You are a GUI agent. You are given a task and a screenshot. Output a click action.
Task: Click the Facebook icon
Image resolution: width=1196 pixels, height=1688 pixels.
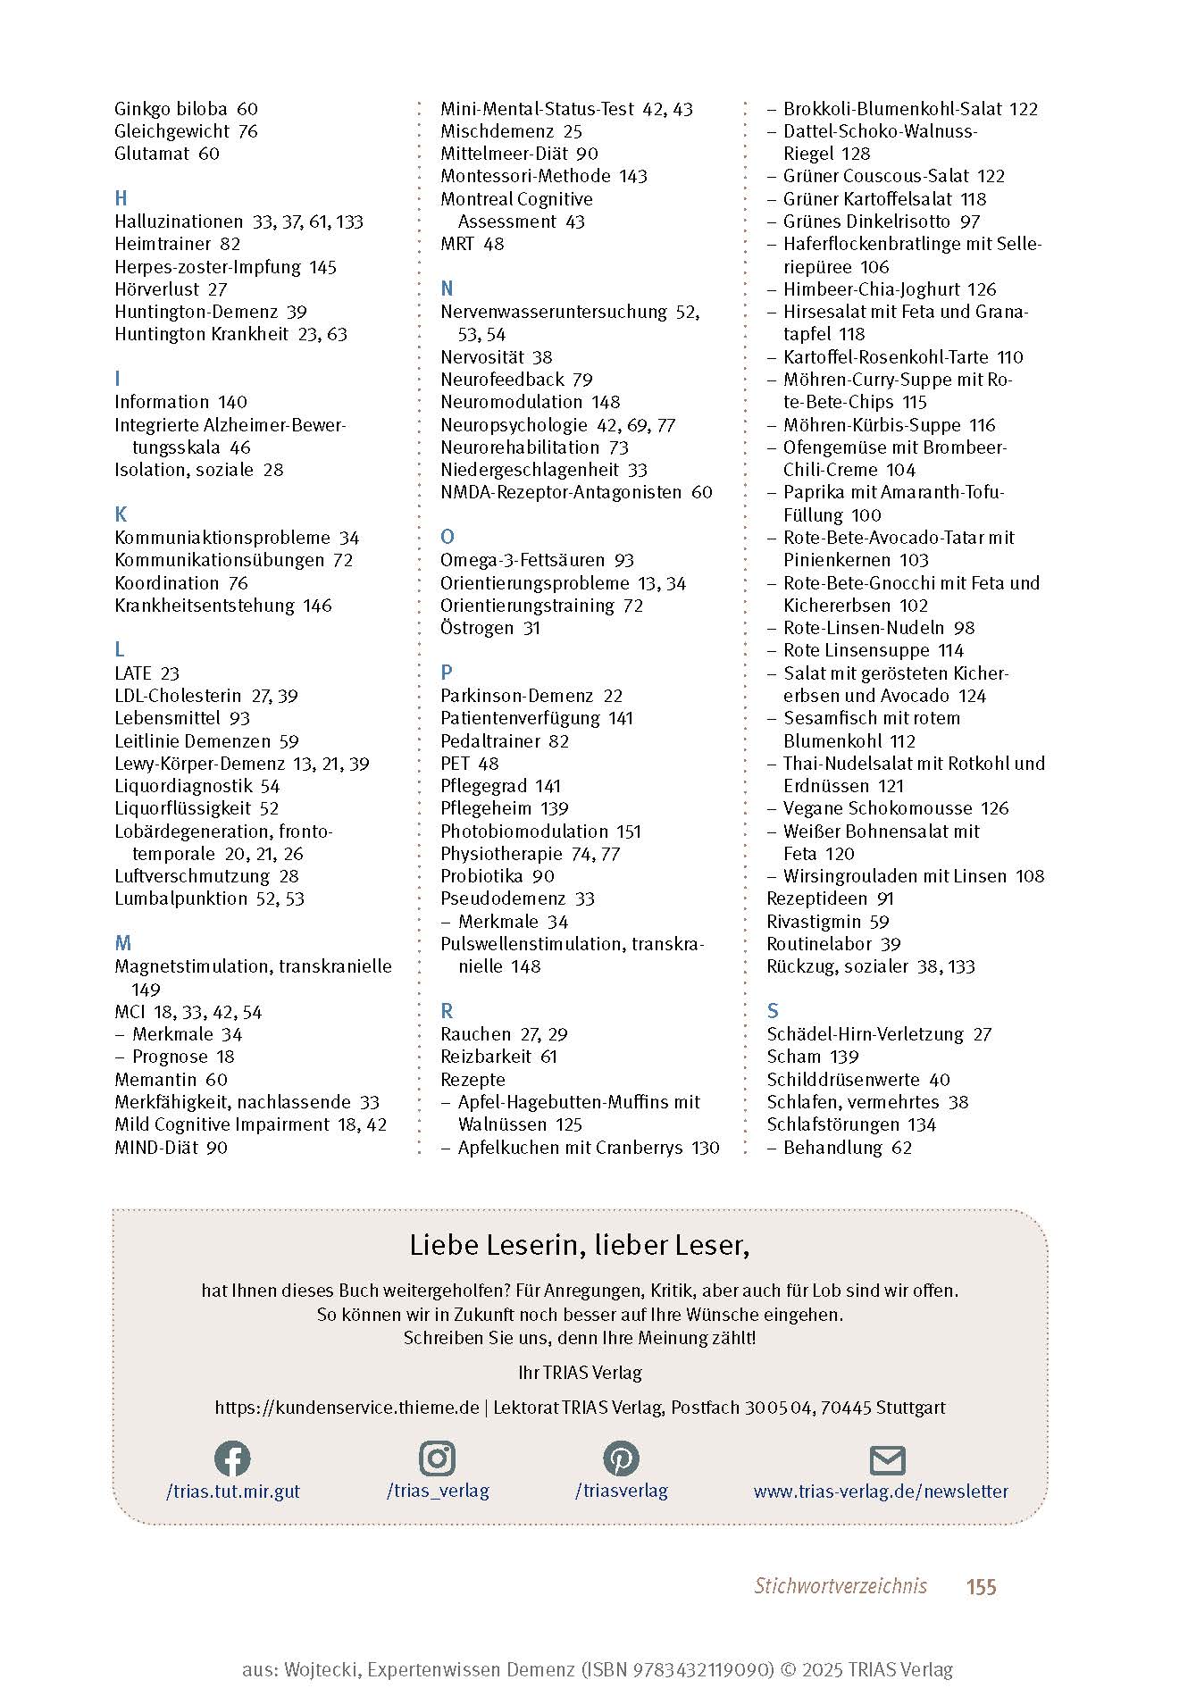point(232,1458)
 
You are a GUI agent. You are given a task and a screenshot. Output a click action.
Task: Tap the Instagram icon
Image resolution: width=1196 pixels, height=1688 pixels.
point(437,1458)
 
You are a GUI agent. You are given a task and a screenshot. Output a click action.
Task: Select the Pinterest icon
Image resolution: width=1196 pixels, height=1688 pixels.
point(621,1458)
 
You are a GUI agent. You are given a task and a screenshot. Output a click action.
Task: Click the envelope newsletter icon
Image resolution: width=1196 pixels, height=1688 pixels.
point(887,1460)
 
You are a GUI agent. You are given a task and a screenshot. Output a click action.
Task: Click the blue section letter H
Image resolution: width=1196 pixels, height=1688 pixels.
point(121,198)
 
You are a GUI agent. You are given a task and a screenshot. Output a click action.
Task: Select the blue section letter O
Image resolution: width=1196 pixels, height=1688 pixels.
point(447,537)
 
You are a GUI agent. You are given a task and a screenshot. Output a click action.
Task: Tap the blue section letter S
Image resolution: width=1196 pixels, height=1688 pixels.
point(773,1011)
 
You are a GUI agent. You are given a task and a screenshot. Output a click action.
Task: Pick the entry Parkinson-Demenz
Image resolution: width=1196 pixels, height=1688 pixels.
point(516,695)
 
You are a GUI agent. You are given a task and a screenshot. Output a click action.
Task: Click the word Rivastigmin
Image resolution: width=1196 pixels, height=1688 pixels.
point(814,921)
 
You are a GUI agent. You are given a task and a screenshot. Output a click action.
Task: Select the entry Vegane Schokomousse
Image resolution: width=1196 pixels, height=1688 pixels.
point(877,808)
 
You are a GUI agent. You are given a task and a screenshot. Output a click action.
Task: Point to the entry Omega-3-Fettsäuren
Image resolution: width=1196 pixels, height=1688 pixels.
point(522,560)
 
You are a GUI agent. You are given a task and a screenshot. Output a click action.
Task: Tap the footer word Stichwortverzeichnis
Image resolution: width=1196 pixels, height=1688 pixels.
point(841,1585)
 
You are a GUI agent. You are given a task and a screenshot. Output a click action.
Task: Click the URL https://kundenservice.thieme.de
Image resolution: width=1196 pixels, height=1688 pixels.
point(347,1407)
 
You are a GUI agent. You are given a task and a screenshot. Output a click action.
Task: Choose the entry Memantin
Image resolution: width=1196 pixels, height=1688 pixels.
point(155,1079)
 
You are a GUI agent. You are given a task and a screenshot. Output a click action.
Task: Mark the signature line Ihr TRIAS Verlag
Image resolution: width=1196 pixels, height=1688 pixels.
point(580,1372)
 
